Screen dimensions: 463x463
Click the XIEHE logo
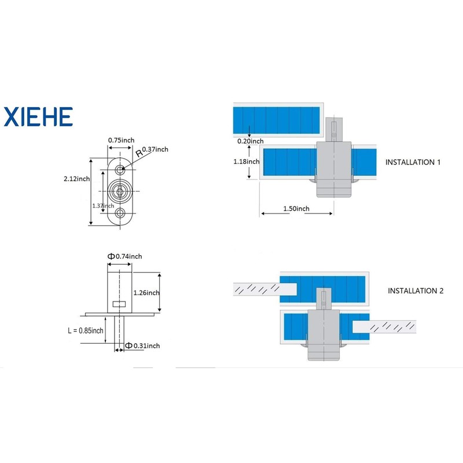coord(38,117)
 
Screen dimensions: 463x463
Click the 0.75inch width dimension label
coord(121,140)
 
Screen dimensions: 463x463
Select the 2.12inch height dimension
coord(77,179)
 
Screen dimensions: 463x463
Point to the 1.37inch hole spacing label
coord(103,206)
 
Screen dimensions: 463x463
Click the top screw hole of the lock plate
coord(120,170)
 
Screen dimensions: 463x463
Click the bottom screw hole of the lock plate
coord(120,212)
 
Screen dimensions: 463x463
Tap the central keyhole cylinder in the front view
coord(120,192)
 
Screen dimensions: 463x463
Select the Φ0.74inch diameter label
coord(124,256)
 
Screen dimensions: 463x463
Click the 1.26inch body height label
coord(146,293)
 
